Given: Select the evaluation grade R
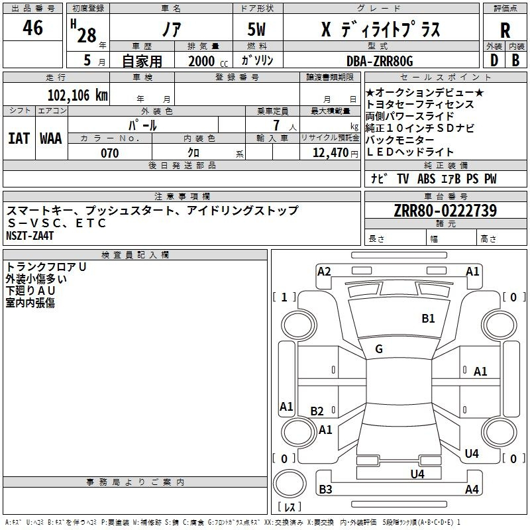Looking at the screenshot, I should coord(505,30).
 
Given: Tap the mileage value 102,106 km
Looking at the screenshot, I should coord(78,95).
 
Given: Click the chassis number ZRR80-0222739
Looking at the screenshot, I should coord(445,211).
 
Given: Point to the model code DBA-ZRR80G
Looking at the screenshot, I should coord(379,61).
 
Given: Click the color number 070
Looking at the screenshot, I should coord(109,153).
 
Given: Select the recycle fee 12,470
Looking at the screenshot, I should coord(329,153).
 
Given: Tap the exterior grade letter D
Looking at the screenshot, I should coord(494,60).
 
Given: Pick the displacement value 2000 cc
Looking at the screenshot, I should coord(206,61).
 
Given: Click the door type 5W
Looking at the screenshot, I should coord(258,30).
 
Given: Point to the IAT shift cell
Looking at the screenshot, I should coord(19,138).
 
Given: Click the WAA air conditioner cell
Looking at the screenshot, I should coord(51,138).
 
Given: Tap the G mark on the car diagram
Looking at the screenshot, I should coord(379,349).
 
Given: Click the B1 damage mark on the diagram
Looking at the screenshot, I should coord(429,319).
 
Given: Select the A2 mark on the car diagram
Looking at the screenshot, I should coord(324,271).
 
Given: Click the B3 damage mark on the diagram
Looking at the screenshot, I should coord(325,490).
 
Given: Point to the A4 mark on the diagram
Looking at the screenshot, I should coord(472,490).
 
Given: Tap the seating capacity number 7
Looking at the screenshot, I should coord(274,125).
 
